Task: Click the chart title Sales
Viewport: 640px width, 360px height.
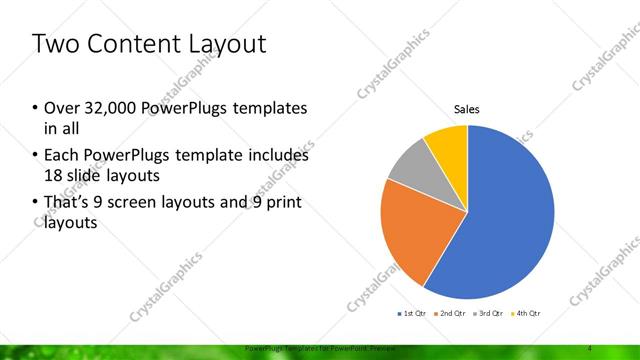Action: pos(467,109)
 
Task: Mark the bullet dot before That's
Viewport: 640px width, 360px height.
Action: pos(36,204)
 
